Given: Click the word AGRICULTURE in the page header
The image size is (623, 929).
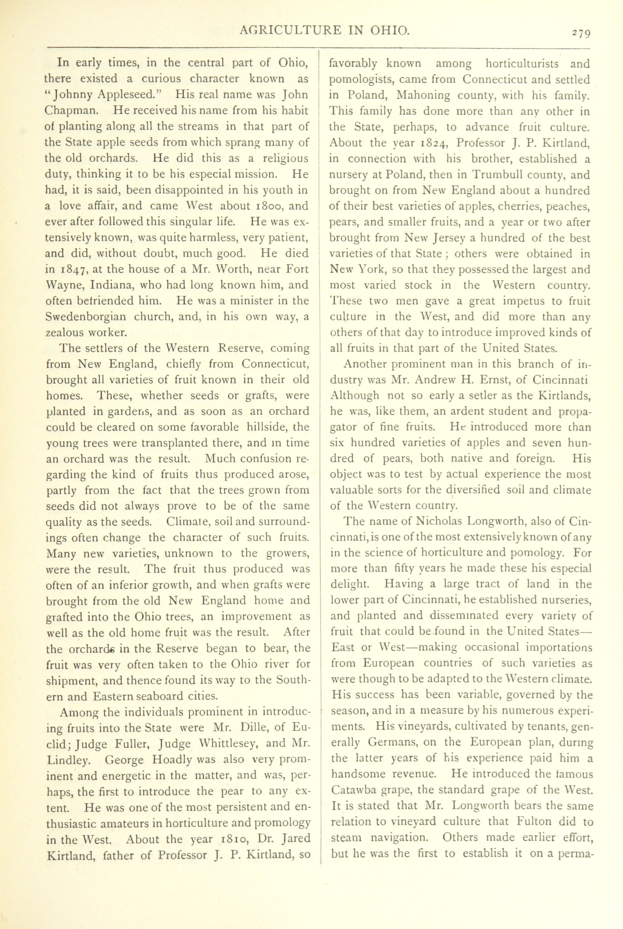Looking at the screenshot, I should (x=290, y=30).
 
